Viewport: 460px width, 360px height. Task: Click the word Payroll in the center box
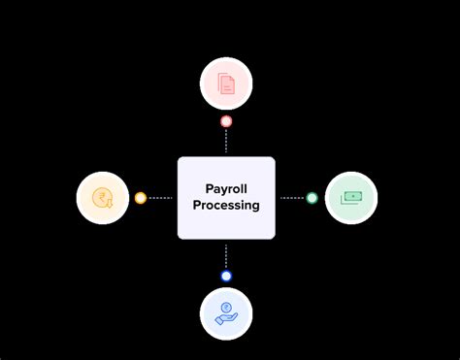[x=225, y=189]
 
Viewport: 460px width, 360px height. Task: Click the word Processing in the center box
[x=225, y=206]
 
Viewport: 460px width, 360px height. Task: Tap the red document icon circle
[x=226, y=82]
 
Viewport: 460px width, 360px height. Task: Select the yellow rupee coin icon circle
[x=102, y=198]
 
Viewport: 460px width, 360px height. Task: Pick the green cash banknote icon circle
[x=350, y=198]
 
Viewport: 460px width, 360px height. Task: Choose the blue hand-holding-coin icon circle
[x=226, y=313]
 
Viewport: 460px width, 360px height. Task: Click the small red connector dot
[x=226, y=121]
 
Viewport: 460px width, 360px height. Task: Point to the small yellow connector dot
[x=141, y=198]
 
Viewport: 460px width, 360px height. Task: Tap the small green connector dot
[x=312, y=198]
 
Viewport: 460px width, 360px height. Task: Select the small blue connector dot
[x=226, y=276]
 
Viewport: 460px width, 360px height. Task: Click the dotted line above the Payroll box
[x=226, y=141]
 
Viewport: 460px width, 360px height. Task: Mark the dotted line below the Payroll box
[x=226, y=254]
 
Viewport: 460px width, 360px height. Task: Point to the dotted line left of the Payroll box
[x=161, y=198]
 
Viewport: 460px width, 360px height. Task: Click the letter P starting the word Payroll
[x=209, y=189]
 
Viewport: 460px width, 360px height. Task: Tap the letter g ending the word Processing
[x=255, y=207]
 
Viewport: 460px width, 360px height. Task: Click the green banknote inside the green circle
[x=351, y=197]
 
